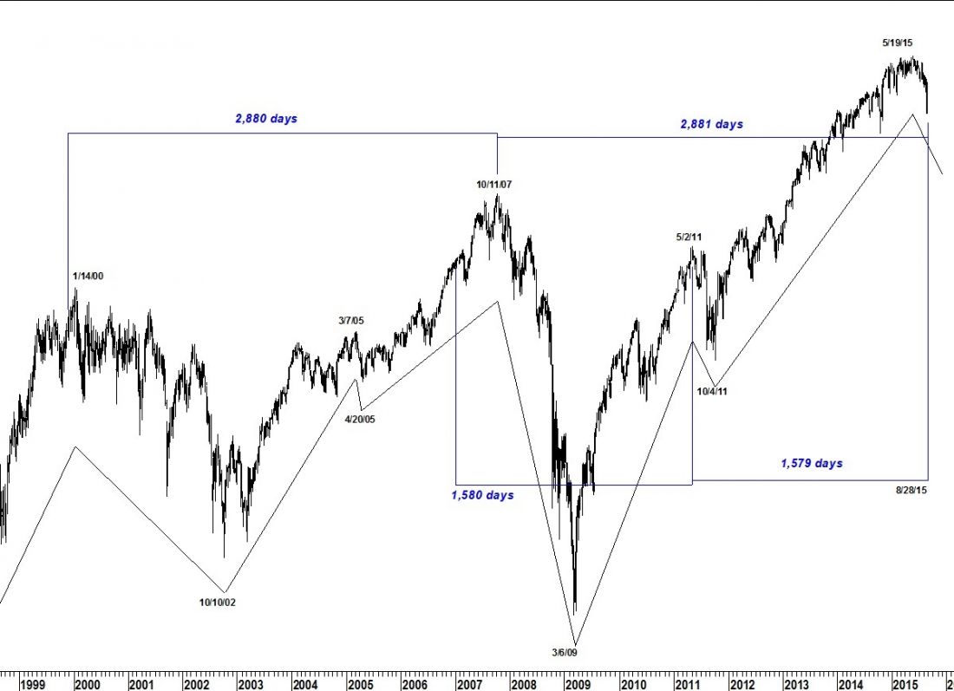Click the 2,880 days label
[x=265, y=118]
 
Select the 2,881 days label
[x=711, y=124]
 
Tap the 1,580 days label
[x=482, y=495]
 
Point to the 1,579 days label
[x=812, y=463]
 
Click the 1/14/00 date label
[x=88, y=276]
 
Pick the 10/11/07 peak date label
[x=494, y=184]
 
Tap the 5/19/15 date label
[x=898, y=42]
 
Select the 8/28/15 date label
[x=912, y=491]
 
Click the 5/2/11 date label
[x=689, y=236]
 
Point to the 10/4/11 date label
[x=712, y=391]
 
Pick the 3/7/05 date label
[x=351, y=321]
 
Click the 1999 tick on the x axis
[x=33, y=684]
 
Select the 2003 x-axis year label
[x=251, y=684]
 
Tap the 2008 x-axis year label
[x=523, y=684]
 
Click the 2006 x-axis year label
[x=414, y=684]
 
